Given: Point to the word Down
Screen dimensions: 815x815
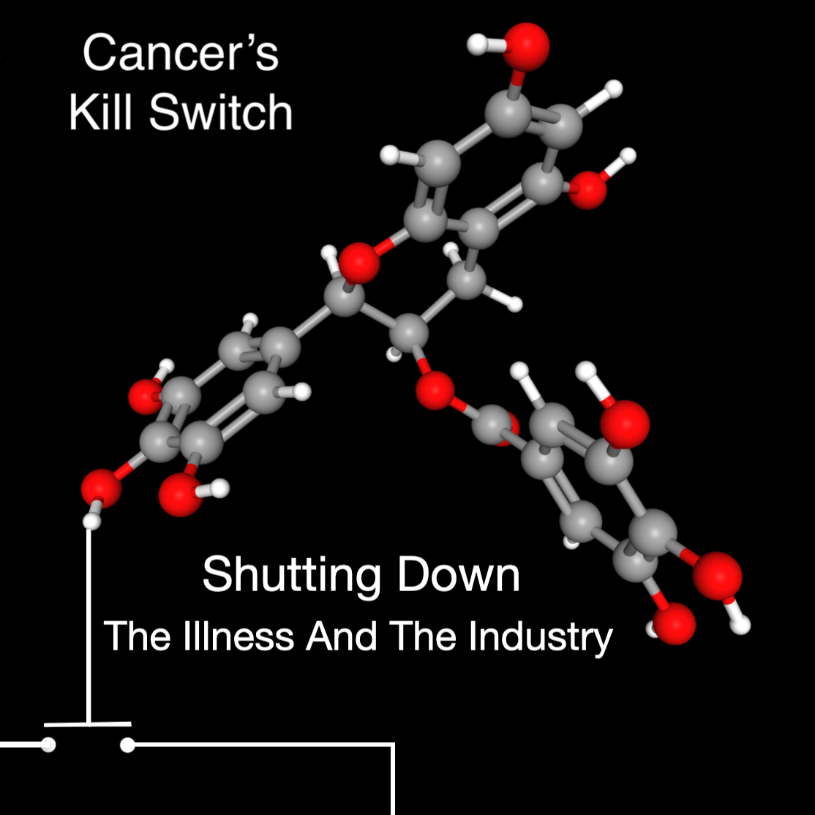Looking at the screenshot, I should click(x=459, y=575).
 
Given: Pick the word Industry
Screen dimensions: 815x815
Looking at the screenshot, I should click(x=541, y=637).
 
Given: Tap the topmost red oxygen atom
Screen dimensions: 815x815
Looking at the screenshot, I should click(x=525, y=45).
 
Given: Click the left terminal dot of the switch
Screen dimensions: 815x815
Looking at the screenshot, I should click(x=48, y=745).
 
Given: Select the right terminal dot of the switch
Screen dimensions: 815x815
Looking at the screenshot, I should click(x=127, y=745).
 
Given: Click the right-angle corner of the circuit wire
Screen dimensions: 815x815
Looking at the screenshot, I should click(x=394, y=745).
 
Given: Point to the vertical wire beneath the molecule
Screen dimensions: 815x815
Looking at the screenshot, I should click(x=89, y=622).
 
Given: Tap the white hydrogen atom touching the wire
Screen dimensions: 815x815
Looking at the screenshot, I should click(x=91, y=521).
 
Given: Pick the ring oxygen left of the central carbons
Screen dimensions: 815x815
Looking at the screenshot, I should click(x=360, y=263).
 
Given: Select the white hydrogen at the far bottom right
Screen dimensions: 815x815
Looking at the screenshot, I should click(x=741, y=626).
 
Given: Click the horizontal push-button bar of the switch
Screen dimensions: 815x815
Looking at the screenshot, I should click(x=88, y=724).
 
